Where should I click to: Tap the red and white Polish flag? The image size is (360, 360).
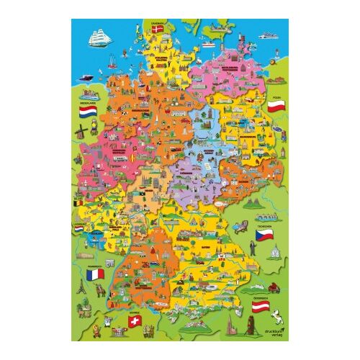click(x=274, y=107)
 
